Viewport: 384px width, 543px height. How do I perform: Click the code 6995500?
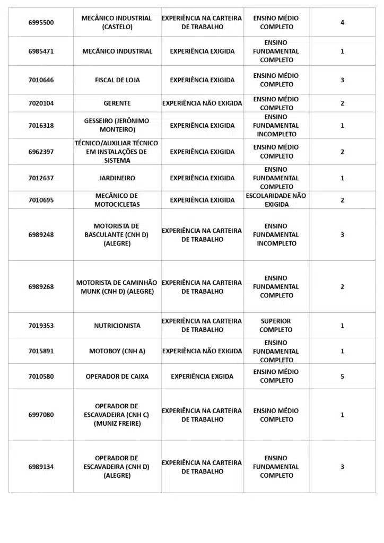41,22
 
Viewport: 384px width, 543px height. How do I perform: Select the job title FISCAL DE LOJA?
117,80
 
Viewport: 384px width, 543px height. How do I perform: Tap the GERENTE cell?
117,103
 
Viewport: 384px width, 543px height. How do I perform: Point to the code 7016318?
41,126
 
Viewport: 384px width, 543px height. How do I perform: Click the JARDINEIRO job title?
117,178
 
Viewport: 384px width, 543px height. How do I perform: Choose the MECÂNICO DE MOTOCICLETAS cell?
117,200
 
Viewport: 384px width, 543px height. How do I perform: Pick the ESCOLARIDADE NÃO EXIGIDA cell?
276,200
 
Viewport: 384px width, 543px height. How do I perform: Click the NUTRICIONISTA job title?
117,326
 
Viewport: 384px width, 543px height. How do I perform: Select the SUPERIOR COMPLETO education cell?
276,326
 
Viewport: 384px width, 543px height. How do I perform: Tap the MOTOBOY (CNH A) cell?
117,351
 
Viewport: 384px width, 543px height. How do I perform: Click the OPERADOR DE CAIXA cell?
117,376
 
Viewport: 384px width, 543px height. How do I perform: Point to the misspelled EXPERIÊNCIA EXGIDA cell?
202,376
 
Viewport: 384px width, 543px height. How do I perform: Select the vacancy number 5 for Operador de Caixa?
342,376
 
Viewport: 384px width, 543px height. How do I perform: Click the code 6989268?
41,287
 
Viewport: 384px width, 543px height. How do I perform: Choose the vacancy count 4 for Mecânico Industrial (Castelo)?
342,22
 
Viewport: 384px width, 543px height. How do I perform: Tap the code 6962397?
41,152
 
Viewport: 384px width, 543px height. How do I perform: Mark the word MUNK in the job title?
90,292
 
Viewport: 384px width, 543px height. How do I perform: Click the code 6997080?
41,415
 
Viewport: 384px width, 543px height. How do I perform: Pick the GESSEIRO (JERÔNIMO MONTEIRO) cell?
117,125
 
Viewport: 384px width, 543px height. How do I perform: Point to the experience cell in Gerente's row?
202,103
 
